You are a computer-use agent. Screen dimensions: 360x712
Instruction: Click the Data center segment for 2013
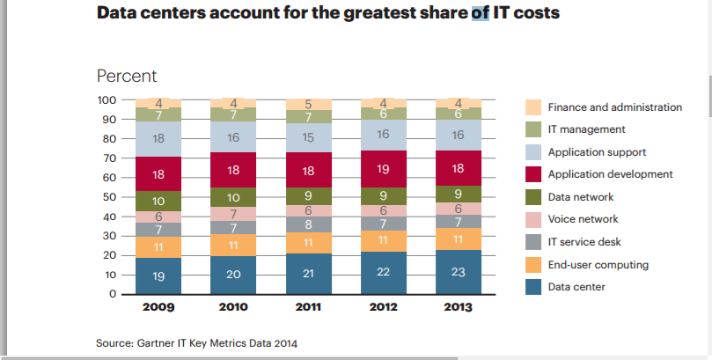coord(459,273)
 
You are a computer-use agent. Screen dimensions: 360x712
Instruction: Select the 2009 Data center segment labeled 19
coord(158,276)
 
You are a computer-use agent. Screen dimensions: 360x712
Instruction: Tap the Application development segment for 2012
coord(384,168)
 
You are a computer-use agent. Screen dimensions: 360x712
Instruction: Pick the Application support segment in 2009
coord(158,139)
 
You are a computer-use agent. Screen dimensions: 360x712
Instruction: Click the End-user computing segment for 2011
coord(309,243)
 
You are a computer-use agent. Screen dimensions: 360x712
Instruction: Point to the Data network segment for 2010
coord(233,198)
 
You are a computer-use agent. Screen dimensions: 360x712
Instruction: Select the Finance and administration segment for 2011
coord(309,105)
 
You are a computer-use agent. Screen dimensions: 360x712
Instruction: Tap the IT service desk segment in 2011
coord(309,224)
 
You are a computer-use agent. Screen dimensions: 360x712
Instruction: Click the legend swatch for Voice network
coord(533,219)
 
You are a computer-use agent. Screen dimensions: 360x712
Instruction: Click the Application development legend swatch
coord(533,174)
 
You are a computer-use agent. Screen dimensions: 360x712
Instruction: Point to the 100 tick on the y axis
coord(106,100)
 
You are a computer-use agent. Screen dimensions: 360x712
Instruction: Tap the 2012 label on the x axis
coord(384,308)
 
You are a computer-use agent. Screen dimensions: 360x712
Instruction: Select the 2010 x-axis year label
coord(233,308)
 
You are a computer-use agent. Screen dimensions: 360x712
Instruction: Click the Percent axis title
coord(127,76)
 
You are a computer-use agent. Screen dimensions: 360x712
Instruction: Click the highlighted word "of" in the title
coord(481,13)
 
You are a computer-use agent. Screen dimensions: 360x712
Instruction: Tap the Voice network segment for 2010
coord(233,214)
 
